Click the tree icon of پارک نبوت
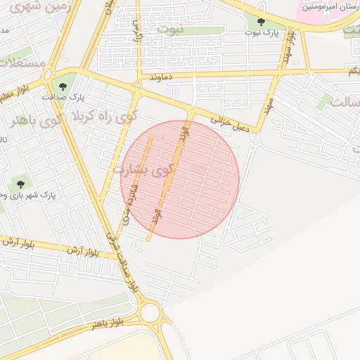(x=262, y=22)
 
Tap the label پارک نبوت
(x=262, y=33)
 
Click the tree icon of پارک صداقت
(x=63, y=86)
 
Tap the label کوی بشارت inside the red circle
(x=141, y=169)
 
